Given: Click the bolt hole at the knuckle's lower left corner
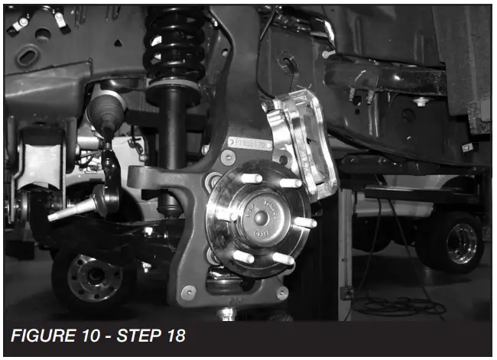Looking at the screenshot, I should point(187,291).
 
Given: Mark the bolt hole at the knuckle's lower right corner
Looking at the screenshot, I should point(282,292).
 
